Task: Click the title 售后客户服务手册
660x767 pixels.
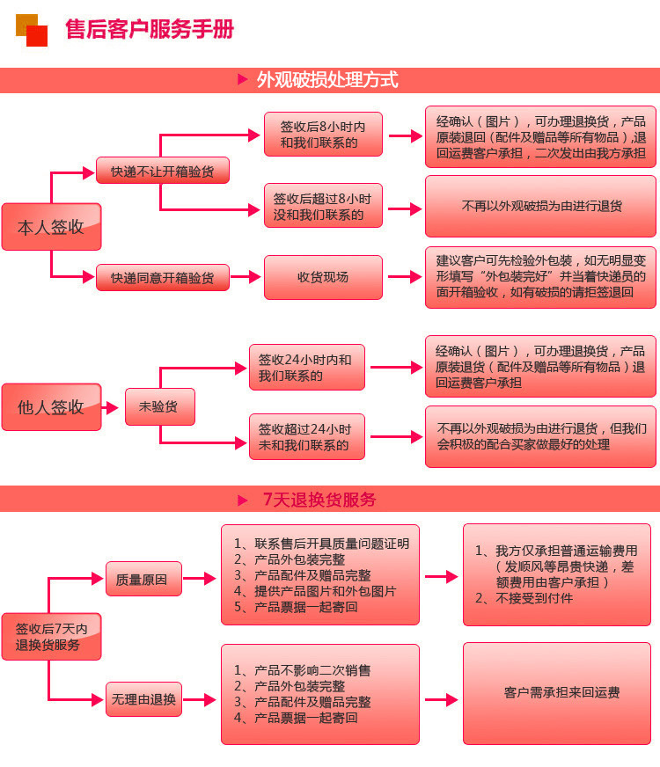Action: click(150, 29)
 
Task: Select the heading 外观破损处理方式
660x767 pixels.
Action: click(327, 80)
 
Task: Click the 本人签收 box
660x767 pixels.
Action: click(51, 227)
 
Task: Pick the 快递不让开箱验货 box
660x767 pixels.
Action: click(162, 171)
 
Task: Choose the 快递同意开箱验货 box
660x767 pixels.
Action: click(162, 278)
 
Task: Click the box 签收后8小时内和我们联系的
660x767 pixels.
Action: click(323, 135)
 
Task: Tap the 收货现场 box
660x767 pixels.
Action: click(323, 277)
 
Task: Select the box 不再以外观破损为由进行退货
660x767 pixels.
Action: click(540, 206)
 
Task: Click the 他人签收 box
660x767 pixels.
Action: click(51, 407)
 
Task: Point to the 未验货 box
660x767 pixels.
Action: click(159, 407)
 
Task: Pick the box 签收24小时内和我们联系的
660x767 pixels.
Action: click(306, 368)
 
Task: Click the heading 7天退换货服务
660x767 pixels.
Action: click(319, 500)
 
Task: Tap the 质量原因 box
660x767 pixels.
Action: click(143, 580)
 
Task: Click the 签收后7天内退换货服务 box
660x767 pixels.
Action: click(51, 637)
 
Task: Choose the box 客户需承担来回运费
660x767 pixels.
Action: click(556, 693)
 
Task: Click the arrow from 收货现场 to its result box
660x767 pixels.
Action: click(404, 277)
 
